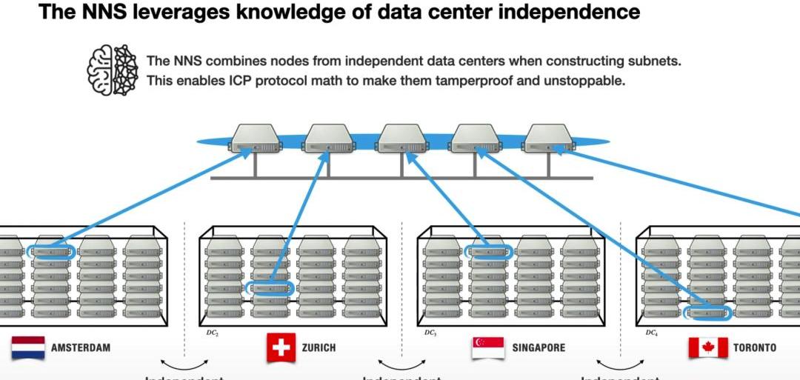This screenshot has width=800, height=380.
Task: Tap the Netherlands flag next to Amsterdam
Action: pos(28,347)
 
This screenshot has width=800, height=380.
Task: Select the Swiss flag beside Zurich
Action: pos(281,347)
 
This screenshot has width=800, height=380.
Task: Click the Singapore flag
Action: pos(487,347)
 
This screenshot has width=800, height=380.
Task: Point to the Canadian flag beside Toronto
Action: pos(707,347)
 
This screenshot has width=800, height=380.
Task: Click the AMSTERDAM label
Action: pos(81,347)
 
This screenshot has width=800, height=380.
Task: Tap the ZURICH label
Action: pos(319,347)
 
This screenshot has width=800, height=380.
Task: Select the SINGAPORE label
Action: pos(538,347)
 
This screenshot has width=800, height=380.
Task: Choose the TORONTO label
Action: pos(755,347)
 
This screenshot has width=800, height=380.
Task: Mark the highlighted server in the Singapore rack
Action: pos(488,253)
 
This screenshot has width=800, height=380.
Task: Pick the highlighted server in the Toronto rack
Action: pos(707,313)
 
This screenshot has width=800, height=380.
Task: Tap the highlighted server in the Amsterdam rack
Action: pos(51,252)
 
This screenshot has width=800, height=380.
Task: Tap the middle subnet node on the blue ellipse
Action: pos(401,139)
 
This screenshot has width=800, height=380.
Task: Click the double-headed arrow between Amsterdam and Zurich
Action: pos(184,364)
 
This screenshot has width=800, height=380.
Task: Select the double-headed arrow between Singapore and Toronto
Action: pos(620,364)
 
